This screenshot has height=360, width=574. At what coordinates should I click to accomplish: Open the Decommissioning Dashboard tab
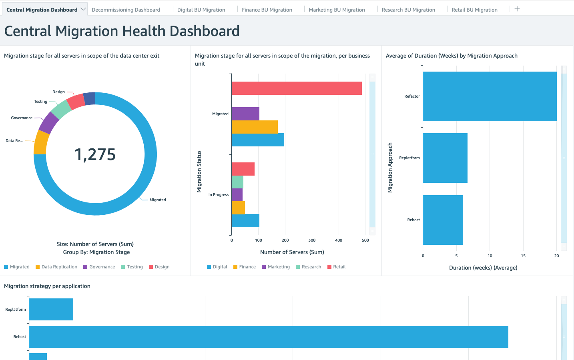126,10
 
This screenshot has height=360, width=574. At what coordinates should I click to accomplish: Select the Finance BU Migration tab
267,10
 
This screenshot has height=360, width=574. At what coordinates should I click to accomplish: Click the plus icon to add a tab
517,9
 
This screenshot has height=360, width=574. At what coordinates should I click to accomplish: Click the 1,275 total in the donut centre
95,154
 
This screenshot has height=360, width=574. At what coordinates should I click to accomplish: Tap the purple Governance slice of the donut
49,123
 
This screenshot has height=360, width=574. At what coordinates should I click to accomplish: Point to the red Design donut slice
76,102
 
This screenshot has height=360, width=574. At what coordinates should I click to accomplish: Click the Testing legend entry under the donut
134,267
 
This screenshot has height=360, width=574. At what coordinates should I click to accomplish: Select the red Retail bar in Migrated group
296,88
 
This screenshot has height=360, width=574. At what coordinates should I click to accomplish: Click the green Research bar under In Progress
237,182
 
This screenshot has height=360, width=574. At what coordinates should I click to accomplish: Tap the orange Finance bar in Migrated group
255,127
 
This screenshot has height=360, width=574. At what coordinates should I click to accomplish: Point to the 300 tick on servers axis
312,240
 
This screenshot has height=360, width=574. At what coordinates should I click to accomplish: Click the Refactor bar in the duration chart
490,96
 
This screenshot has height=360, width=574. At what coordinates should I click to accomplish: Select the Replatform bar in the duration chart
445,158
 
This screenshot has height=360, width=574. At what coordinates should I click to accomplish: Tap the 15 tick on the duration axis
523,256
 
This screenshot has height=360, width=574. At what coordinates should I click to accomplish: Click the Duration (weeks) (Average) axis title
483,268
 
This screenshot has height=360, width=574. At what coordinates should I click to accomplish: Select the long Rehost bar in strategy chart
268,337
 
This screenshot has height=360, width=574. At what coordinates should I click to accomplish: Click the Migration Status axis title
199,172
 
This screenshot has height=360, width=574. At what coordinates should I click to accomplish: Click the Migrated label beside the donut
158,200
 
